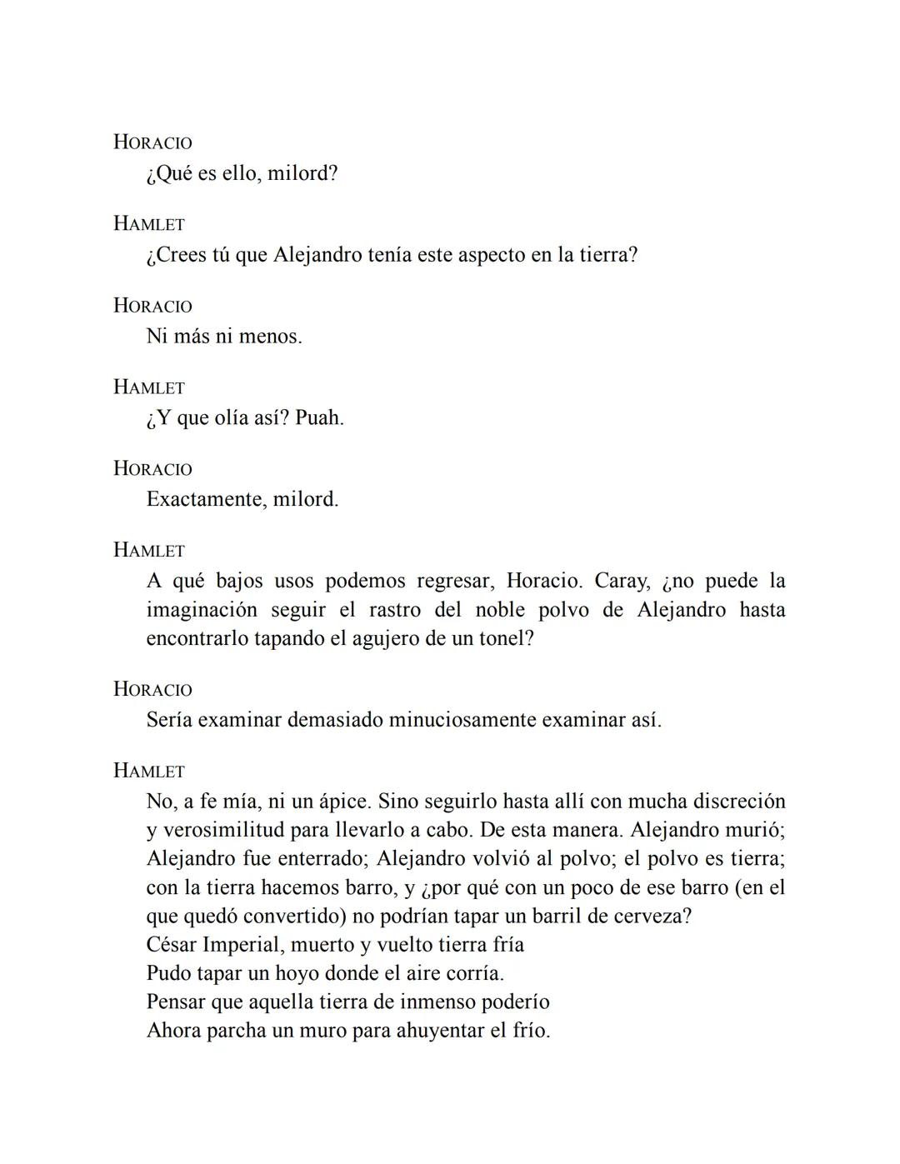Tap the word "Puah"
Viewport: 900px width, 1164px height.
[317, 418]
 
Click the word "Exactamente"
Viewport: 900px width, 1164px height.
[206, 500]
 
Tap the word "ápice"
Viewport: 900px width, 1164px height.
[344, 802]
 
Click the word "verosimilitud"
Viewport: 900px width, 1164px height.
[223, 831]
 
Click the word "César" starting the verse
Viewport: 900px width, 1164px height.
[171, 945]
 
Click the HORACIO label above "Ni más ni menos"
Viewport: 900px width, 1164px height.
[152, 306]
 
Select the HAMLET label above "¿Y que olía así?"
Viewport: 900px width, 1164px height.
[149, 387]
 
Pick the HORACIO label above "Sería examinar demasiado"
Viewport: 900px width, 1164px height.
[152, 690]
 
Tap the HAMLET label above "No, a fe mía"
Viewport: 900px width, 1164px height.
[149, 772]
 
